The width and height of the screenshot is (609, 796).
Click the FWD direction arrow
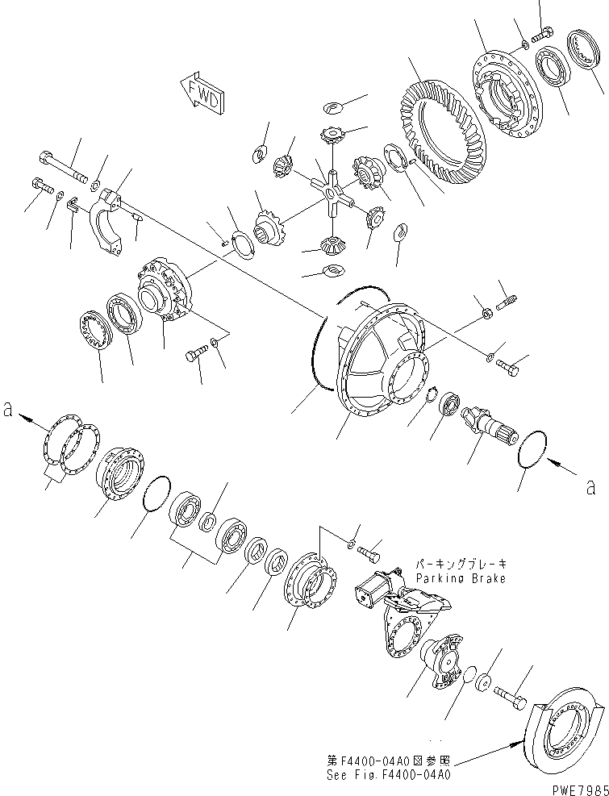[200, 90]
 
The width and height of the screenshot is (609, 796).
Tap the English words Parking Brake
[461, 578]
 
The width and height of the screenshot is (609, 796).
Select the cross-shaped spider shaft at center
[333, 194]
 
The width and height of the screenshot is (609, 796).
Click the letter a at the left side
[7, 409]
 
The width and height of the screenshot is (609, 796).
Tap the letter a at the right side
[591, 486]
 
